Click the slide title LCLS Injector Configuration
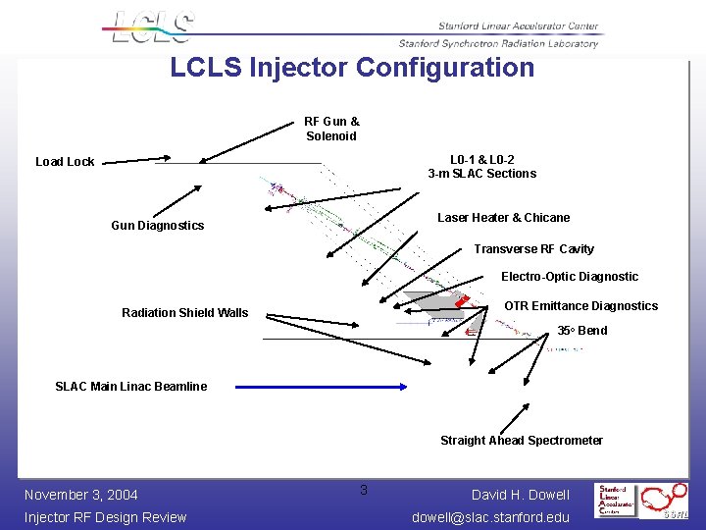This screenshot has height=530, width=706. (352, 68)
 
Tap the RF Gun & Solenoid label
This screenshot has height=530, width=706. (331, 129)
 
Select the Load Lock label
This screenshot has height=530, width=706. (65, 162)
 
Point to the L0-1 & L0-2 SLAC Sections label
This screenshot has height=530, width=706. (482, 167)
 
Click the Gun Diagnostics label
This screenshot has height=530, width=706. (158, 226)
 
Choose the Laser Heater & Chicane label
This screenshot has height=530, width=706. (503, 218)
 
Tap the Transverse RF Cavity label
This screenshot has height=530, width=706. (533, 249)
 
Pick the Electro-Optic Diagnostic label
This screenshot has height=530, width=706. (570, 277)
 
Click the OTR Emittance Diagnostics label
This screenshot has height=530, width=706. (580, 306)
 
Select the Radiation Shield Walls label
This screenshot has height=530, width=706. (185, 313)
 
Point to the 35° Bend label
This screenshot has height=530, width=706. (582, 331)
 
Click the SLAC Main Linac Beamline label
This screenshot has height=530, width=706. (131, 387)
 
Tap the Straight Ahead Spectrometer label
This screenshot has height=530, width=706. (522, 441)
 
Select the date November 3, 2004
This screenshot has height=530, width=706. (80, 495)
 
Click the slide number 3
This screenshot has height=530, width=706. (363, 490)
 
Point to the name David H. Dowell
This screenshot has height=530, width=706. (521, 495)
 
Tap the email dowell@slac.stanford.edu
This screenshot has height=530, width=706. (490, 517)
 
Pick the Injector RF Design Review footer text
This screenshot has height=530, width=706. (105, 517)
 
